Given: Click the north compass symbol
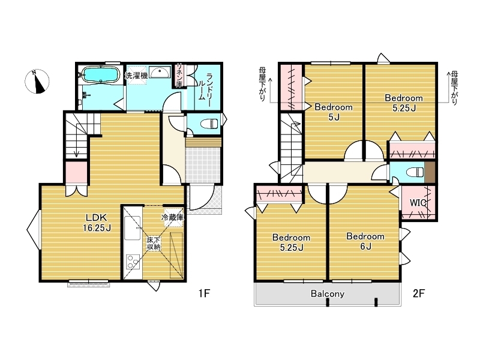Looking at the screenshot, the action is pos(37,82).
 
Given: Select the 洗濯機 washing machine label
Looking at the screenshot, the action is pos(136,76).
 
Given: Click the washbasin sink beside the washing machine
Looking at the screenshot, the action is pos(160,72).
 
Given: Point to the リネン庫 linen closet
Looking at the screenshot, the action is pos(179,76).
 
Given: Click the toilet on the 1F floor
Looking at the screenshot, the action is pos(209,124).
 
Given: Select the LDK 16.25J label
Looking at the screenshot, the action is pos(97,223).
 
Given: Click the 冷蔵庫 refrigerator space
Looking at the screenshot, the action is pos(173,217).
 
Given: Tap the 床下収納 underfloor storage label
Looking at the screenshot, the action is pos(154,244).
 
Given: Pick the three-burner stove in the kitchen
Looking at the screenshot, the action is pos(133,262).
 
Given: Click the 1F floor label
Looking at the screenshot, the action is pos(204,293).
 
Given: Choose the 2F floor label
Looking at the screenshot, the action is pos(419,293).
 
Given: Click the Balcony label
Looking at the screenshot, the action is pos(328,294).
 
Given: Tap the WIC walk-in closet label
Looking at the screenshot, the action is pos(418,203).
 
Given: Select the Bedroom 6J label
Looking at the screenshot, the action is pos(365,241).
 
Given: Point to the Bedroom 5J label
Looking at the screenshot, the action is pos(334,112).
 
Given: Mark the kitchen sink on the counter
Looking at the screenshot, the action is pos(132,228).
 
